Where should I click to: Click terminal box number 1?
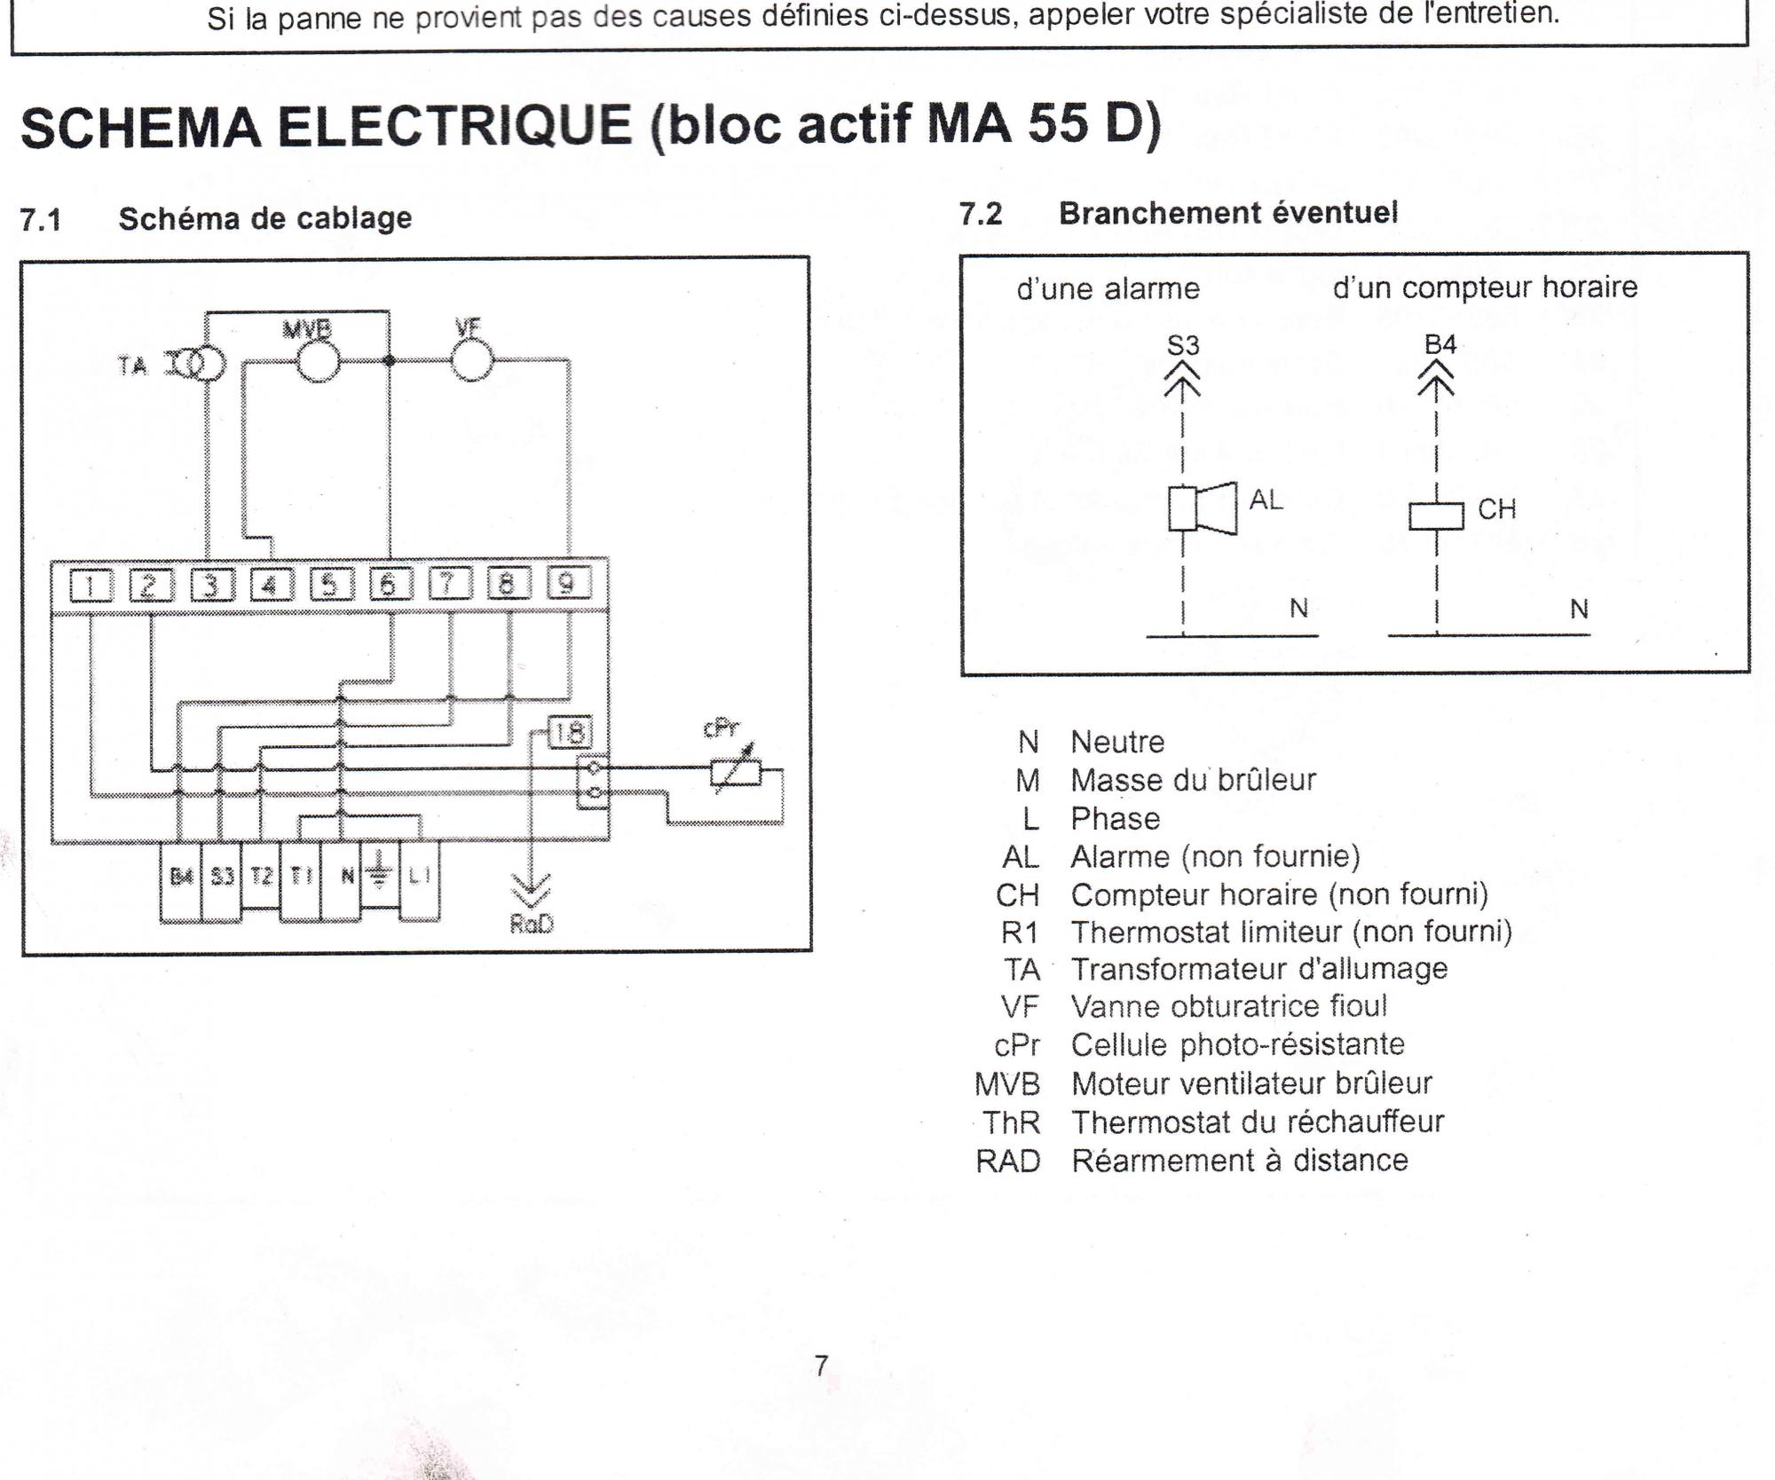pos(91,586)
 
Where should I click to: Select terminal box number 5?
pos(331,585)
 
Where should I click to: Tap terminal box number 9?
pos(568,583)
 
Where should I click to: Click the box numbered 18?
pos(568,733)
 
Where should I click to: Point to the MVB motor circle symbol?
pos(317,361)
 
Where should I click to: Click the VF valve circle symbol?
pos(471,360)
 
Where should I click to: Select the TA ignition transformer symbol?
pos(197,365)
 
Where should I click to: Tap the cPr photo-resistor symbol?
pos(736,774)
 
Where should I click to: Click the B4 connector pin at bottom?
pos(181,878)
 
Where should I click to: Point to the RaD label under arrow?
pos(532,924)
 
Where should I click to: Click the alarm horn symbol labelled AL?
pos(1202,508)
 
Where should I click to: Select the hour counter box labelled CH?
pos(1436,516)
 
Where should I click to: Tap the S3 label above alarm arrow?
pos(1182,345)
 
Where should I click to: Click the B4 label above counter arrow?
pos(1440,344)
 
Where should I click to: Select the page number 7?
pos(821,1366)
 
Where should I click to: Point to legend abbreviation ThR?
pos(1011,1122)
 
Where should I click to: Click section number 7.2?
pos(981,214)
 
